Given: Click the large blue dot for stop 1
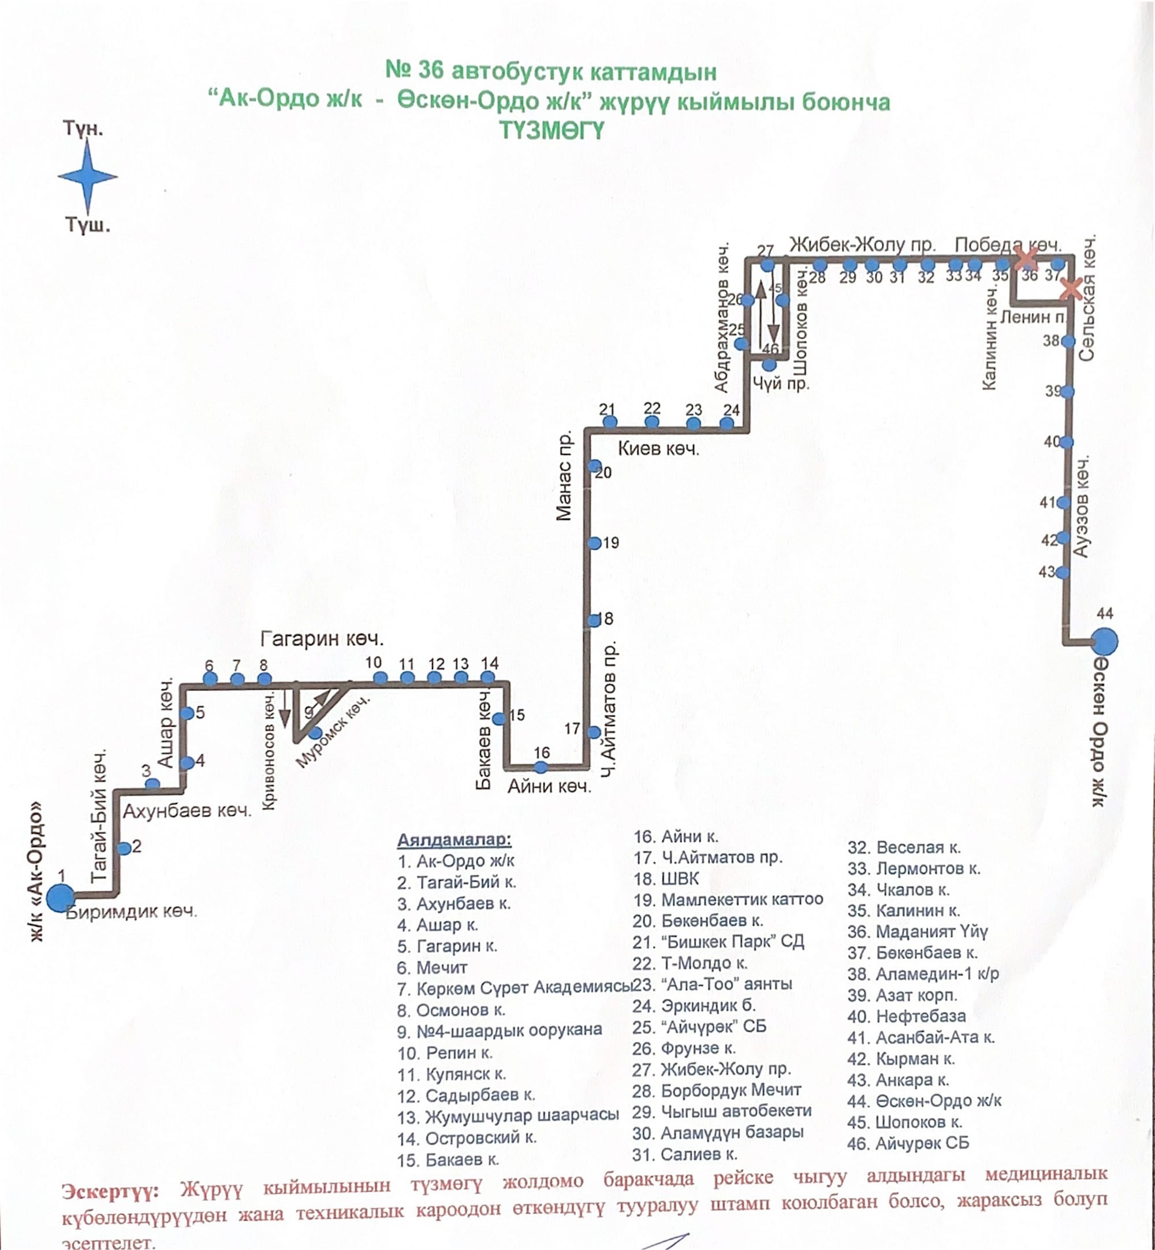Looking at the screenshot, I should point(61,898).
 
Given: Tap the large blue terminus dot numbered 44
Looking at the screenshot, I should point(1104,641).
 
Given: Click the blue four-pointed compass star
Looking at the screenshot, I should point(88,176).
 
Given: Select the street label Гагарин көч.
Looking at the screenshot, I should point(322,639).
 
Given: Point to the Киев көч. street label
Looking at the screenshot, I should point(658,449).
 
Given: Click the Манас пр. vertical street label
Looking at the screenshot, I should point(564,475).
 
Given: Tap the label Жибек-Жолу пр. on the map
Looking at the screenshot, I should point(862,244).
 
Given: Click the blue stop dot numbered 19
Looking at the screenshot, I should point(594,543).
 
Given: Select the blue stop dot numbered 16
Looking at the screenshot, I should point(541,767).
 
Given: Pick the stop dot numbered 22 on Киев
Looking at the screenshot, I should point(652,422).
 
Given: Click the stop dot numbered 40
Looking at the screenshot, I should point(1066,442).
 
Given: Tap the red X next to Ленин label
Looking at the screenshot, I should point(1071,289).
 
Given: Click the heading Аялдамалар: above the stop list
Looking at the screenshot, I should point(454,839).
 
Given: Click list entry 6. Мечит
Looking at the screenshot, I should point(432,968).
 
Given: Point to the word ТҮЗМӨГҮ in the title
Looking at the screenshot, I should point(552,131).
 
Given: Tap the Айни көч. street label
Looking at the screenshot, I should point(549,786).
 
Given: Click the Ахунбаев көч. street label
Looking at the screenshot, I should point(187,811).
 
